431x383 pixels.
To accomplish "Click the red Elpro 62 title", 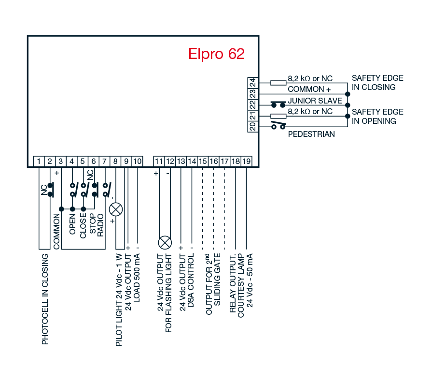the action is point(216,54).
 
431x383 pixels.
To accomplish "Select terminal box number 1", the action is point(39,162).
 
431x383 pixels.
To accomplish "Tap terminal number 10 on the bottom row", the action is point(137,162).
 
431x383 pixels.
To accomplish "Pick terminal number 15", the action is point(203,162).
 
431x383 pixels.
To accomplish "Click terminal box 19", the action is point(247,162).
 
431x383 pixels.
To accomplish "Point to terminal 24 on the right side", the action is point(252,83).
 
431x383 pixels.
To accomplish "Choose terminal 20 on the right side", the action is point(252,127).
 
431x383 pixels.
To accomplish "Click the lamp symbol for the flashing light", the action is point(165,243).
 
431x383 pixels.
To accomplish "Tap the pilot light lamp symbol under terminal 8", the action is point(116,210).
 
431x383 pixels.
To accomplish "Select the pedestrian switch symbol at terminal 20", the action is point(278,125).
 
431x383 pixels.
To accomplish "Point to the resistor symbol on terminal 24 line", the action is point(278,83).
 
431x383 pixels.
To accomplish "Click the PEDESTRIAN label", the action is point(311,134).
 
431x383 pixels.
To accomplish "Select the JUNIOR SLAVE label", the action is point(315,101).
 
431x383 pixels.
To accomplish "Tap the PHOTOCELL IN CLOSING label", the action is point(45,299).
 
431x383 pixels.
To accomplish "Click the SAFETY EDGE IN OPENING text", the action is point(378,117).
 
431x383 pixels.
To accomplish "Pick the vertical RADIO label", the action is point(100,225).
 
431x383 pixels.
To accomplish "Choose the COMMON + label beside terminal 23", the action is point(309,89).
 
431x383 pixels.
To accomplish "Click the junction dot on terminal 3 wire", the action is point(61,209).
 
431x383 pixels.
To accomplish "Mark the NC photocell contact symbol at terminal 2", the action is point(50,190).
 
